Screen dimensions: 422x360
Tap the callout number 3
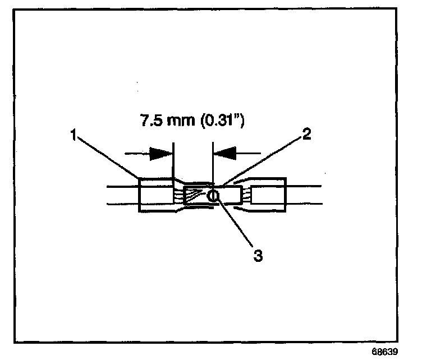257,255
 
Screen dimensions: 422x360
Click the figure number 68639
386,352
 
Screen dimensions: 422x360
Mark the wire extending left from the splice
121,196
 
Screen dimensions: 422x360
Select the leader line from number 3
236,224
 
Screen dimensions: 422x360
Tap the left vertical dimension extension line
174,163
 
